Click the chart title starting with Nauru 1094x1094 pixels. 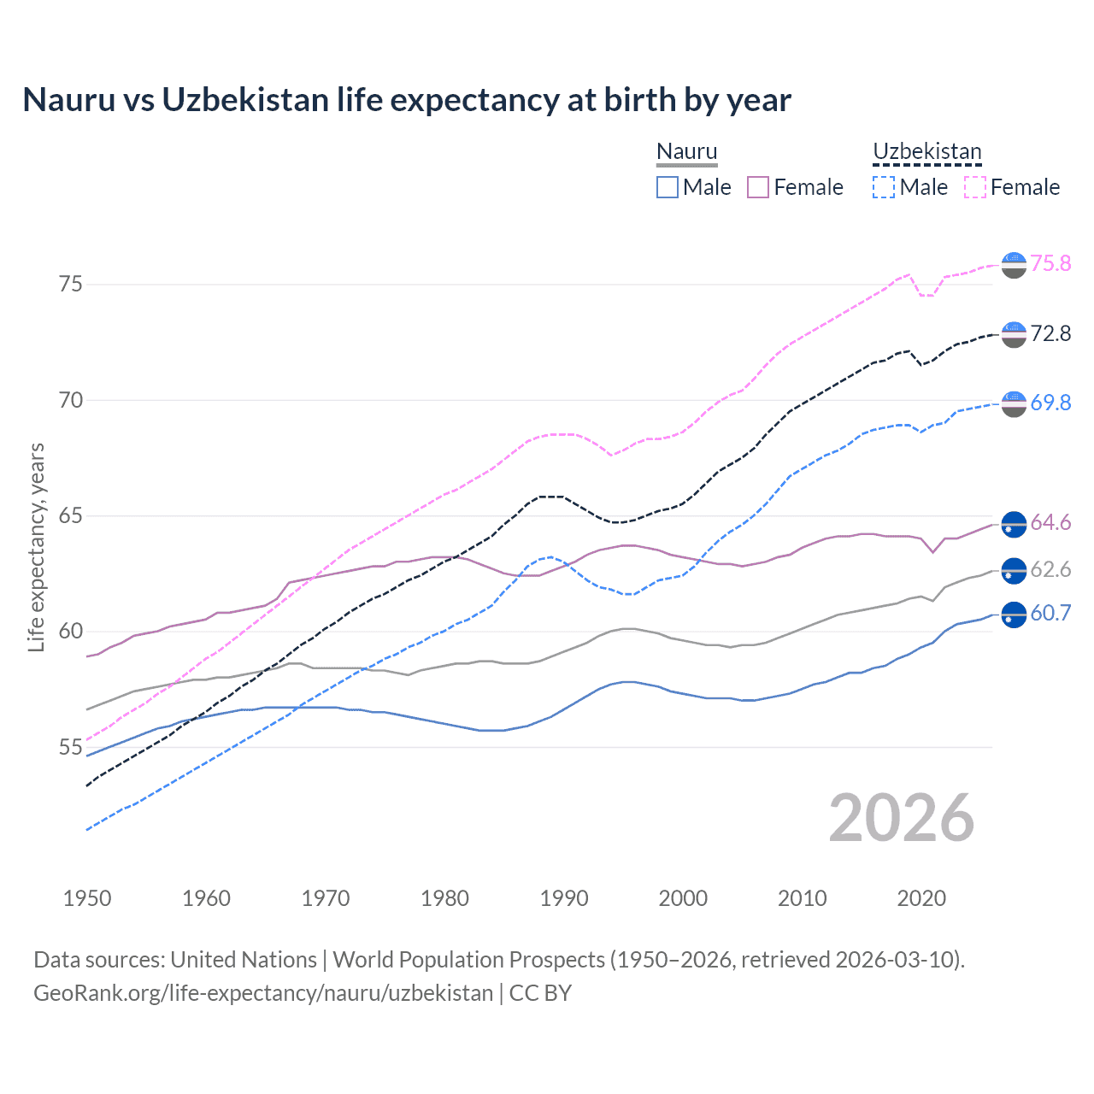(407, 100)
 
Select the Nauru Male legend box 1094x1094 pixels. (668, 187)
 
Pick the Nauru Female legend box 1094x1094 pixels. (758, 187)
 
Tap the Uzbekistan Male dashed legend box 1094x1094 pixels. (884, 187)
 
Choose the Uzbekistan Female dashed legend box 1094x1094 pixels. (975, 187)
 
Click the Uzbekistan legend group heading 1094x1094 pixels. (926, 152)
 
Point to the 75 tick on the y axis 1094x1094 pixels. (71, 284)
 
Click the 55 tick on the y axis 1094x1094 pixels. (71, 747)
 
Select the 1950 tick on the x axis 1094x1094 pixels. (87, 898)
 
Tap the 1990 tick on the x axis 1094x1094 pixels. (564, 898)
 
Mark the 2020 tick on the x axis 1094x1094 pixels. (921, 898)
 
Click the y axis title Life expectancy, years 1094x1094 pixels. (36, 547)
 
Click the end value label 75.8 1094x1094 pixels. (1050, 263)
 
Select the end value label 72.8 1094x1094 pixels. (1050, 333)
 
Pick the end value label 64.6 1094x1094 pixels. (1050, 522)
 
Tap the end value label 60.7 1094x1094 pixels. (1050, 613)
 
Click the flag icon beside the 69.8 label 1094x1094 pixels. (1014, 403)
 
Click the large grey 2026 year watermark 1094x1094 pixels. (902, 818)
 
